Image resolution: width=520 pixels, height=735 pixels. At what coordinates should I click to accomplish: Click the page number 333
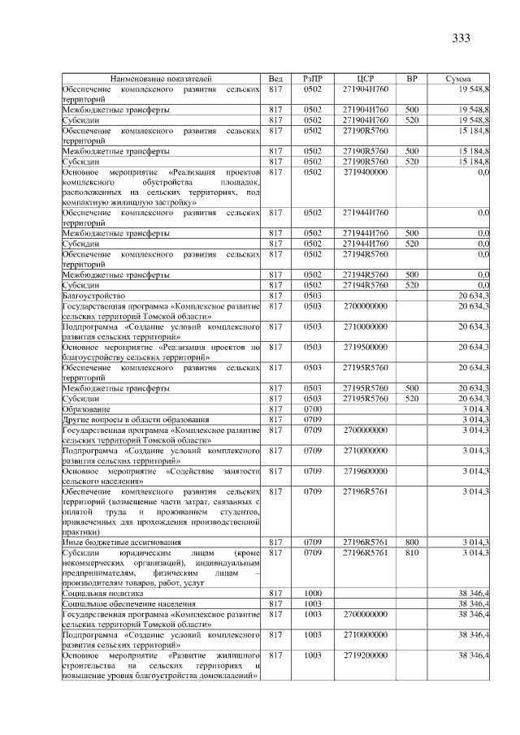pos(460,38)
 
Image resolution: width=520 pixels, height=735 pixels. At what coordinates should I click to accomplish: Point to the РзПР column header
pos(313,78)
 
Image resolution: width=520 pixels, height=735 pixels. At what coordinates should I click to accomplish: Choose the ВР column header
pos(412,78)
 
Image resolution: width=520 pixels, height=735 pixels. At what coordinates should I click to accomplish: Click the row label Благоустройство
pos(93,296)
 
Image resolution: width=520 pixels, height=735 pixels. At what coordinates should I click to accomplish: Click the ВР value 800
pos(412,541)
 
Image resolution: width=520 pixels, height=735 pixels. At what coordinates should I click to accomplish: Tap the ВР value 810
pos(412,552)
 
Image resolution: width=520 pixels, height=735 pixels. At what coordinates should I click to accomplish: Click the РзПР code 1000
pos(313,593)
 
